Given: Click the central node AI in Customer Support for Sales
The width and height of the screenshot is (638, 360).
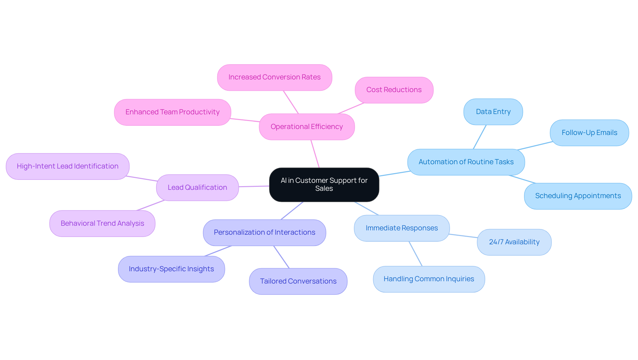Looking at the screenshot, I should coord(324,184).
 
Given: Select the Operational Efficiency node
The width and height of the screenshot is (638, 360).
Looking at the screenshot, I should coord(307,127).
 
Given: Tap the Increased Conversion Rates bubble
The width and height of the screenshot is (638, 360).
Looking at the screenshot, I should coord(274,77).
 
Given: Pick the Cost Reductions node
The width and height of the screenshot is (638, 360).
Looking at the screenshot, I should coord(394,90).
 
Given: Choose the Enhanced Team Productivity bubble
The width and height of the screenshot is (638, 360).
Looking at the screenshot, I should coord(172,112).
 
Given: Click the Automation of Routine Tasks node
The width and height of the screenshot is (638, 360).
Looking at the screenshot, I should coord(466,162).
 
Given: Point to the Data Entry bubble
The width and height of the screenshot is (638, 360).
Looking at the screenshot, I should coord(493,112).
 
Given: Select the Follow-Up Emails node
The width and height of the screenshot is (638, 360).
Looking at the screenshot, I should coord(589,133).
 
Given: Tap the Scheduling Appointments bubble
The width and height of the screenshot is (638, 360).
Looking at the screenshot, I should coord(578,196).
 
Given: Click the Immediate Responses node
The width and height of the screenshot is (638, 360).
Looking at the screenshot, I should coord(402,228).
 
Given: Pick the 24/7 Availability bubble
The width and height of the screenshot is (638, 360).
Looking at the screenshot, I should coord(514,242).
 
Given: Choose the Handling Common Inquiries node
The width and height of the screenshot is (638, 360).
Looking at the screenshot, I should coord(429,279).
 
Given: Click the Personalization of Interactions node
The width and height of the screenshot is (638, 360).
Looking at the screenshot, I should coord(265,232).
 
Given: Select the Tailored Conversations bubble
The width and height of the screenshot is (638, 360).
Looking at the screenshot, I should coord(298,281).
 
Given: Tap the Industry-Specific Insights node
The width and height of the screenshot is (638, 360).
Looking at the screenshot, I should coord(171,269).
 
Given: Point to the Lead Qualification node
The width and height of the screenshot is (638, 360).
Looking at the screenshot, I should coord(197,187).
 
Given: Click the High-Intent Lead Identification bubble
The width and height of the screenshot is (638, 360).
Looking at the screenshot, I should coord(67,166).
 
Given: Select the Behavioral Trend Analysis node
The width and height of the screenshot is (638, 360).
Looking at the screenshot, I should coord(102,223).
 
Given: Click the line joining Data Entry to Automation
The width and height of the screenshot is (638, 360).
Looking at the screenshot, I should coord(479,137).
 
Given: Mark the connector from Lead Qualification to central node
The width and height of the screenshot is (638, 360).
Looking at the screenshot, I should coord(254,186).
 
